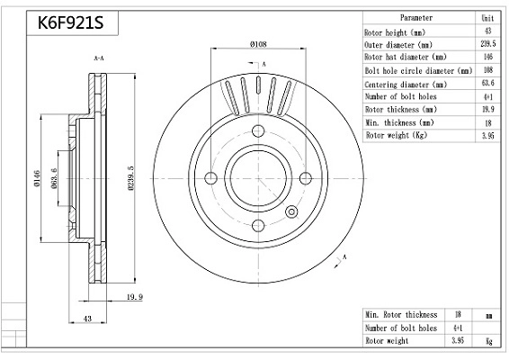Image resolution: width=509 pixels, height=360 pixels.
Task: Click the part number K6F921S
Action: [x=70, y=22]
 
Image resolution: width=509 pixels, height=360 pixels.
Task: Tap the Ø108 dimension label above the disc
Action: [x=258, y=44]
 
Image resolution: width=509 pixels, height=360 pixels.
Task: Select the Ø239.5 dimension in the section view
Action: [x=130, y=178]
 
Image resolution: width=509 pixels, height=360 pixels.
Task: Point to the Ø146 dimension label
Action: [x=37, y=178]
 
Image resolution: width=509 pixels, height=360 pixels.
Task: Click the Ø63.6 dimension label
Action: [x=54, y=178]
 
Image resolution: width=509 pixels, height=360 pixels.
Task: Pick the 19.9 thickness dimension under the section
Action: [x=135, y=297]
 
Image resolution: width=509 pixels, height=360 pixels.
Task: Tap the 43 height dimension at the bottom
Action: [x=87, y=319]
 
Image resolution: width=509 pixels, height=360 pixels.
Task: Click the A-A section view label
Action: [x=99, y=58]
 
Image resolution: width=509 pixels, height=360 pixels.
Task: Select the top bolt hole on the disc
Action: [x=258, y=130]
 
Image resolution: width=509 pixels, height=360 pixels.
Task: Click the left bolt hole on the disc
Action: [x=211, y=178]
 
